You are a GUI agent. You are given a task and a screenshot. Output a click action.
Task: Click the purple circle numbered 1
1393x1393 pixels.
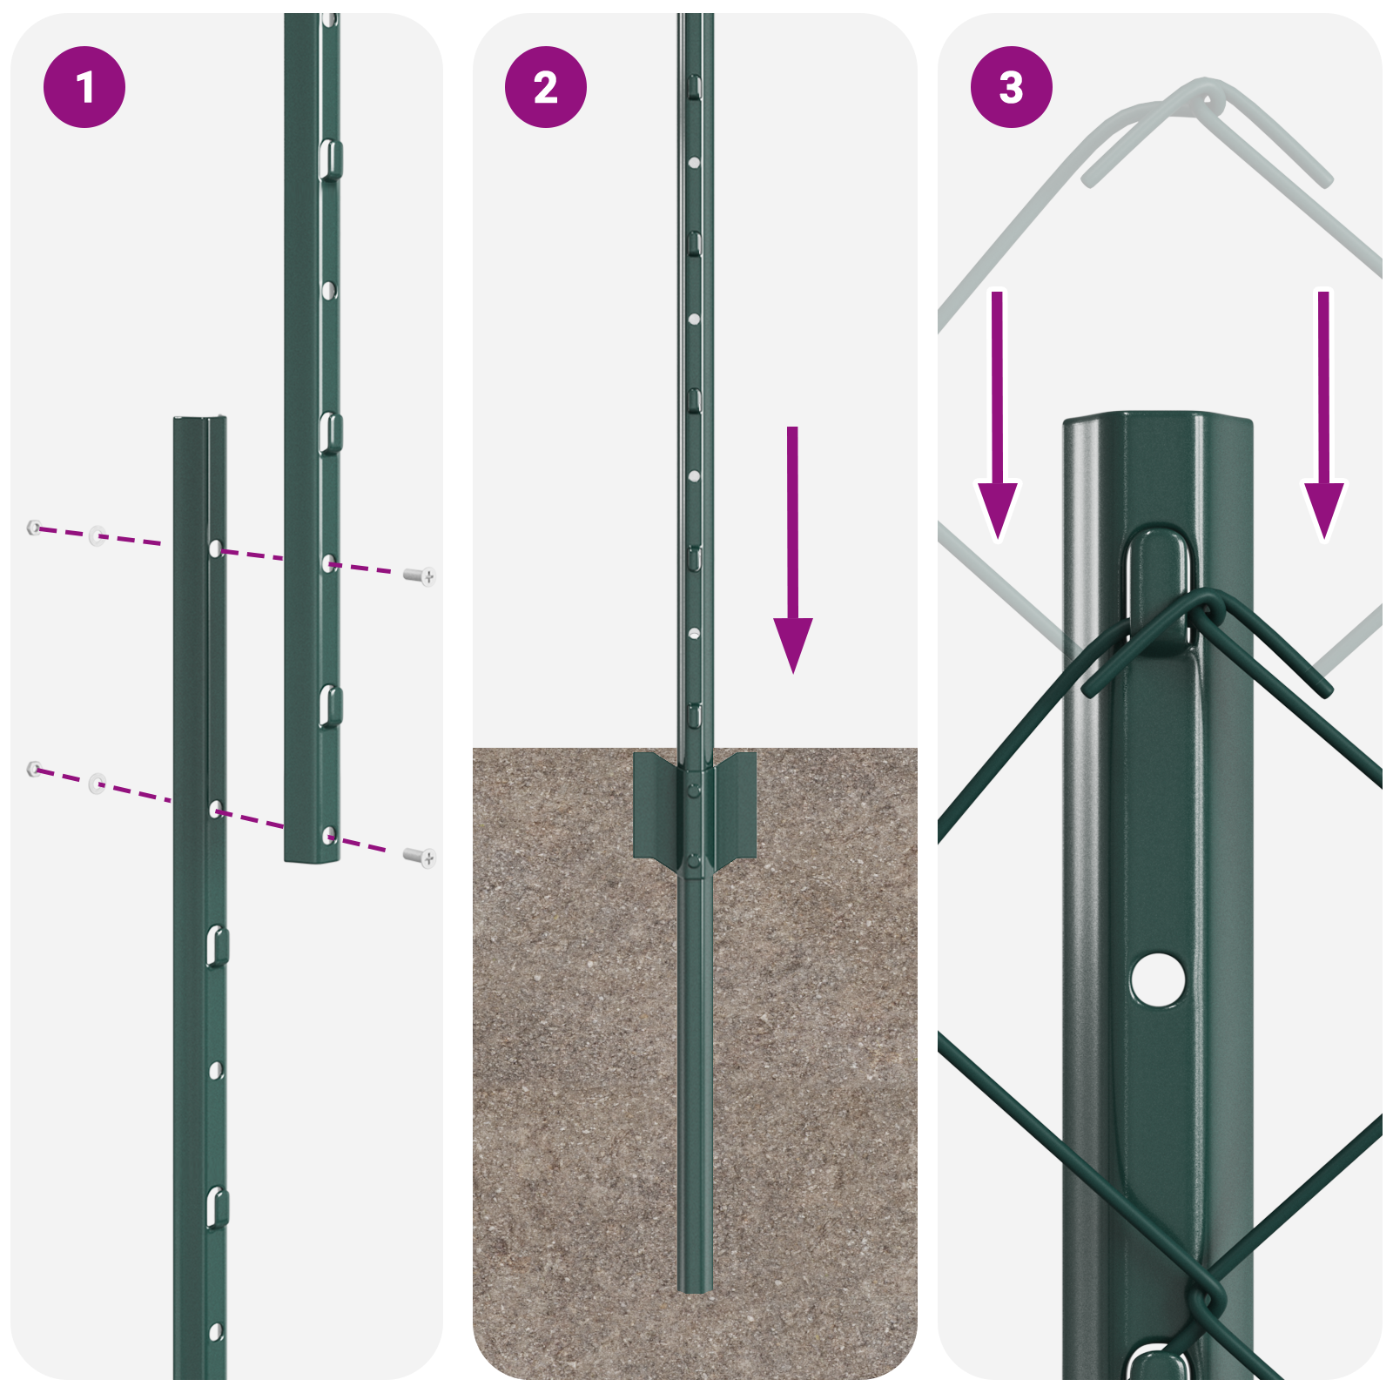coord(84,87)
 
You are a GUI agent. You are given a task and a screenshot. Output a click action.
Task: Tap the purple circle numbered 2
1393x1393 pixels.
coord(546,87)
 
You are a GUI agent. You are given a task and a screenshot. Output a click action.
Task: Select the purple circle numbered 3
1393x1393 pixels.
coord(1011,87)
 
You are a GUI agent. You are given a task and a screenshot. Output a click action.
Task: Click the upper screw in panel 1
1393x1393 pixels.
coord(421,575)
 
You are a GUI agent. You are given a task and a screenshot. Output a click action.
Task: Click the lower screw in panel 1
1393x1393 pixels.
coord(421,858)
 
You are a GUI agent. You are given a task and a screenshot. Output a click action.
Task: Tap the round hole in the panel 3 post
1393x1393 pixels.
coord(1158,979)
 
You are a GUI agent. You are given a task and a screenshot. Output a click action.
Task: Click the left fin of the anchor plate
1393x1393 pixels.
coord(655,805)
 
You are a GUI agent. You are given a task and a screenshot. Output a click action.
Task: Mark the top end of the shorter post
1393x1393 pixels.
coord(200,421)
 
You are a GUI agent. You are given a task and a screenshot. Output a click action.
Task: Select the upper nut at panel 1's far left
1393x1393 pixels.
coord(34,527)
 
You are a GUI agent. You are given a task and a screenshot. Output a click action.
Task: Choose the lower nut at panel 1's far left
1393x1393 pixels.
coord(34,768)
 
